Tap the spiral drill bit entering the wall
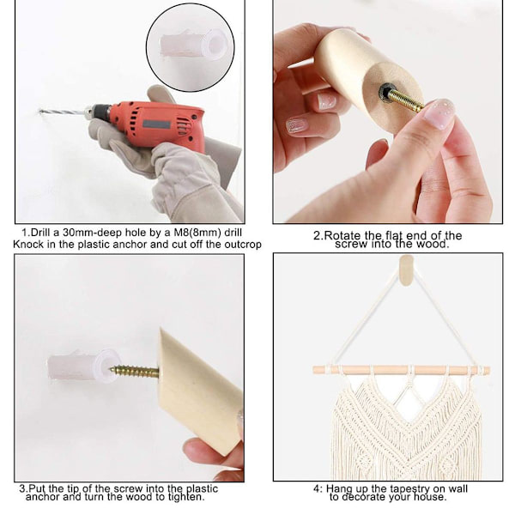[63, 112]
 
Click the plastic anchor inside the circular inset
[193, 45]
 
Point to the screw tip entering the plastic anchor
[112, 369]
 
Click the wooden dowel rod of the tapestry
[401, 370]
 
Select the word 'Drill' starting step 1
[39, 233]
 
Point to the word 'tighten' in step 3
[185, 497]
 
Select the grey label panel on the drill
[157, 125]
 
